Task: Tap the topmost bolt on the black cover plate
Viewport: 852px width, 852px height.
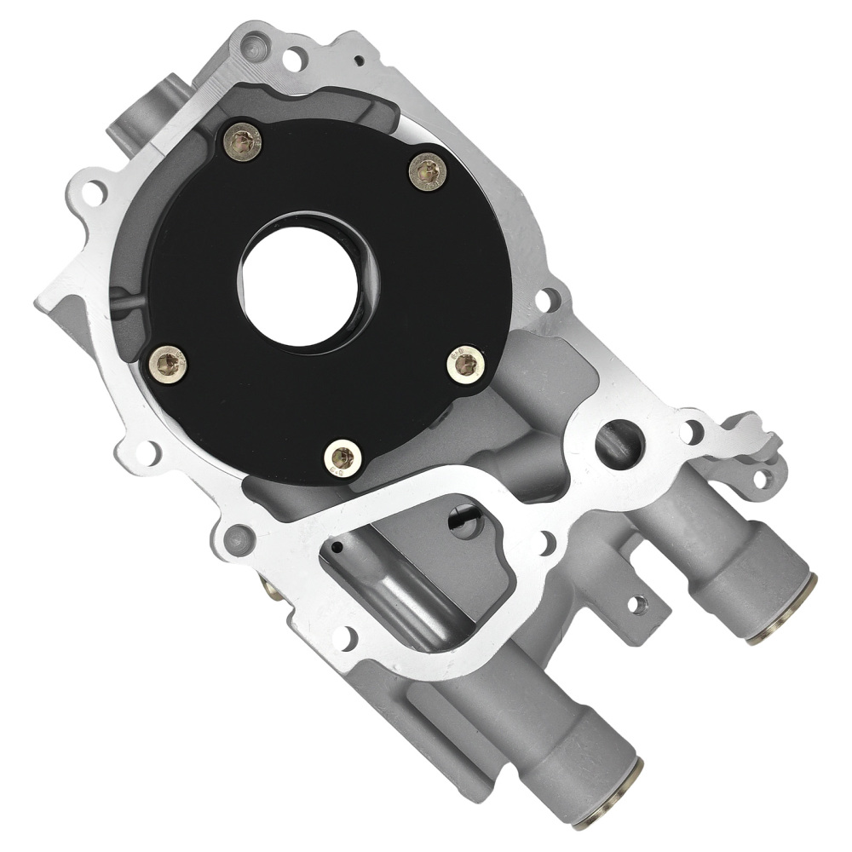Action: point(243,142)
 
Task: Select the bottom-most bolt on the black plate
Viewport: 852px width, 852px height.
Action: point(343,458)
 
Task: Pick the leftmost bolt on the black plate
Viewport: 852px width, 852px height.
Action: point(168,365)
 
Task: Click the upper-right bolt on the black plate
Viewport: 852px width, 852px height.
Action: point(428,171)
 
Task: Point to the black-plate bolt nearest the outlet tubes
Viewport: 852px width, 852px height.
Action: point(465,366)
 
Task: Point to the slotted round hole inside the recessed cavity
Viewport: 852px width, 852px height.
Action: point(464,522)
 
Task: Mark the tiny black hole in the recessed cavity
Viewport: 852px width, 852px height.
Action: point(338,546)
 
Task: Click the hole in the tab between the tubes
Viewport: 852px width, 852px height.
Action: point(636,604)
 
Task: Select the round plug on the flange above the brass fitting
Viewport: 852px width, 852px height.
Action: point(238,538)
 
